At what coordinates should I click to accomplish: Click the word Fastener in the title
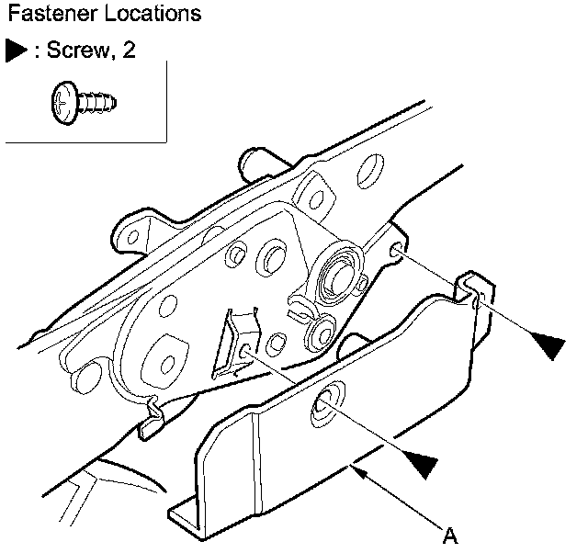pyautogui.click(x=41, y=16)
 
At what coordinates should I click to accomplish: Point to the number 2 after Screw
pyautogui.click(x=128, y=51)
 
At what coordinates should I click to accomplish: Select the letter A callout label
pyautogui.click(x=450, y=535)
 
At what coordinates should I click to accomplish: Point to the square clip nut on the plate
pyautogui.click(x=241, y=344)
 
